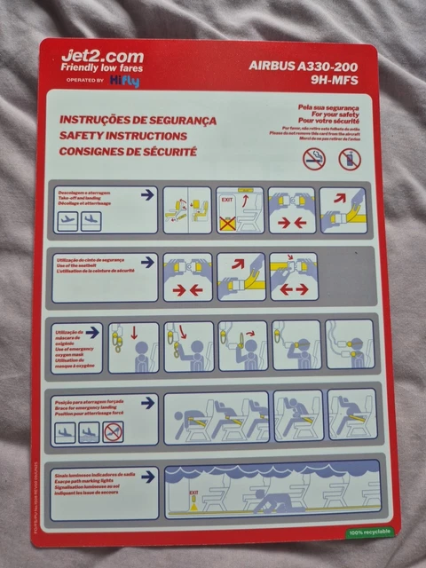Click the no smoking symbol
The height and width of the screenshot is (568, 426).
click(x=314, y=159)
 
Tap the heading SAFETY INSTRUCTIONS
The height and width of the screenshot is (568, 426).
click(x=122, y=136)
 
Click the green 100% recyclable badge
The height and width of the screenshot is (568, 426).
click(x=367, y=532)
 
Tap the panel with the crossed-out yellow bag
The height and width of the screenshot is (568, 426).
click(x=240, y=210)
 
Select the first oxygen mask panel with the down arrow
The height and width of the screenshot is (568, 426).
click(x=134, y=347)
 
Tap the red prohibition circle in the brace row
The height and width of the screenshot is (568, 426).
click(x=113, y=432)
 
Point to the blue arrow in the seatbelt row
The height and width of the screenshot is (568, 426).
click(x=147, y=262)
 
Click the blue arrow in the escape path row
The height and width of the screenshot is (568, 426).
click(x=147, y=477)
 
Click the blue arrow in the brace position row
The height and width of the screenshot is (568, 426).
click(x=147, y=403)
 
